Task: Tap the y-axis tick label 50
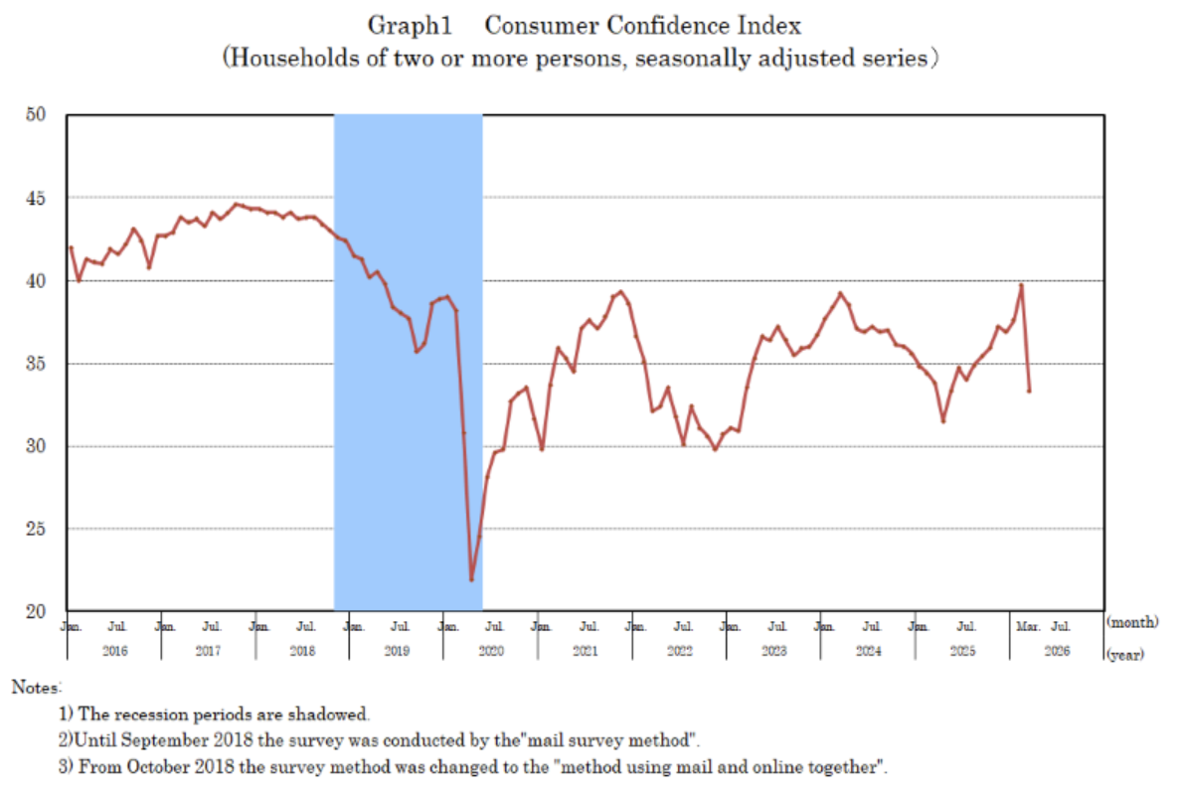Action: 38,115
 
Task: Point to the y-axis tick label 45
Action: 38,198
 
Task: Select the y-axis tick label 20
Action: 38,611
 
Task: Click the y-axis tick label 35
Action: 38,364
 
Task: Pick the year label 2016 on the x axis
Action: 114,651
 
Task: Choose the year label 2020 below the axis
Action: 491,651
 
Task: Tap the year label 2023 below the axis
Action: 773,651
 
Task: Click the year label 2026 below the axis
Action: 1056,651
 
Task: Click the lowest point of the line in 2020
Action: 471,579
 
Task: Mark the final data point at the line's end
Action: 1029,391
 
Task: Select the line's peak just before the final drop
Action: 1021,286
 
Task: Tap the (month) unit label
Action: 1132,622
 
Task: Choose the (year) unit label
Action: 1124,654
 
